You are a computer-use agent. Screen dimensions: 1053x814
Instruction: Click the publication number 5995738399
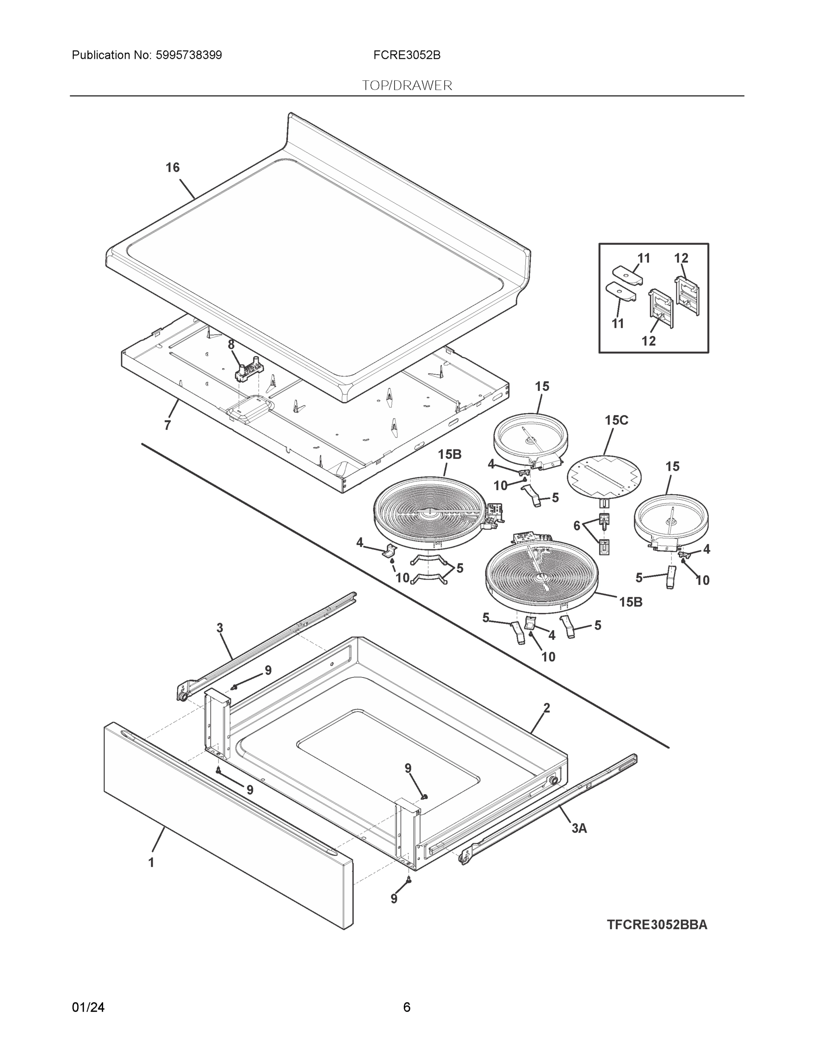click(x=189, y=55)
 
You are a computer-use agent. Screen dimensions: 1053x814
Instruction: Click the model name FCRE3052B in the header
click(x=406, y=55)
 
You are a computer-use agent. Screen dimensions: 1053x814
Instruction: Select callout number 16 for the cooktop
click(x=172, y=168)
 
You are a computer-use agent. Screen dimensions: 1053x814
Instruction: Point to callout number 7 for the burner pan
click(x=167, y=425)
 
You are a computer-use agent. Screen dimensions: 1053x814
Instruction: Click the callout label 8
click(x=231, y=345)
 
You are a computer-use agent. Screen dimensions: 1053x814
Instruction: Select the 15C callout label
click(x=616, y=420)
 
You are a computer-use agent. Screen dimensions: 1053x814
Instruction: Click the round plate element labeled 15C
click(x=604, y=476)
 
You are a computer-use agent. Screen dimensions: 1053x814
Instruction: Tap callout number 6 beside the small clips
click(x=577, y=526)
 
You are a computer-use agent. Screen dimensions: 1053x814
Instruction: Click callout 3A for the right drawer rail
click(x=579, y=828)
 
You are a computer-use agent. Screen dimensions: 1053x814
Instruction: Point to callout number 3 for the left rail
click(x=220, y=628)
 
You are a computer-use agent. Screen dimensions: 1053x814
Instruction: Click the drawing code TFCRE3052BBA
click(x=657, y=925)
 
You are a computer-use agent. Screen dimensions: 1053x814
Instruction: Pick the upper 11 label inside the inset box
click(x=644, y=258)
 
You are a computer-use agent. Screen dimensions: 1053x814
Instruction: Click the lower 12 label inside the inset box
click(x=649, y=341)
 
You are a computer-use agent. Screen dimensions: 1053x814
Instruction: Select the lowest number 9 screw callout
click(x=394, y=899)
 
